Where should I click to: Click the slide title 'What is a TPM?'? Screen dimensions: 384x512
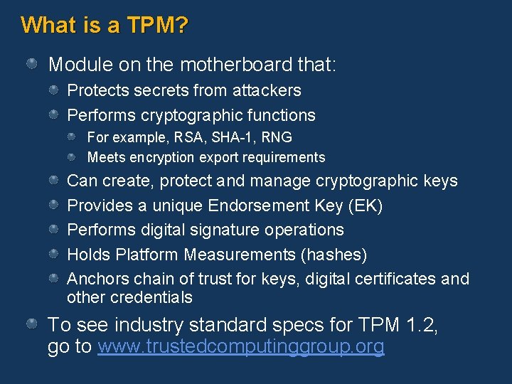[105, 26]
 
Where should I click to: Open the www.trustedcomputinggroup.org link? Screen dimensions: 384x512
[241, 347]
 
